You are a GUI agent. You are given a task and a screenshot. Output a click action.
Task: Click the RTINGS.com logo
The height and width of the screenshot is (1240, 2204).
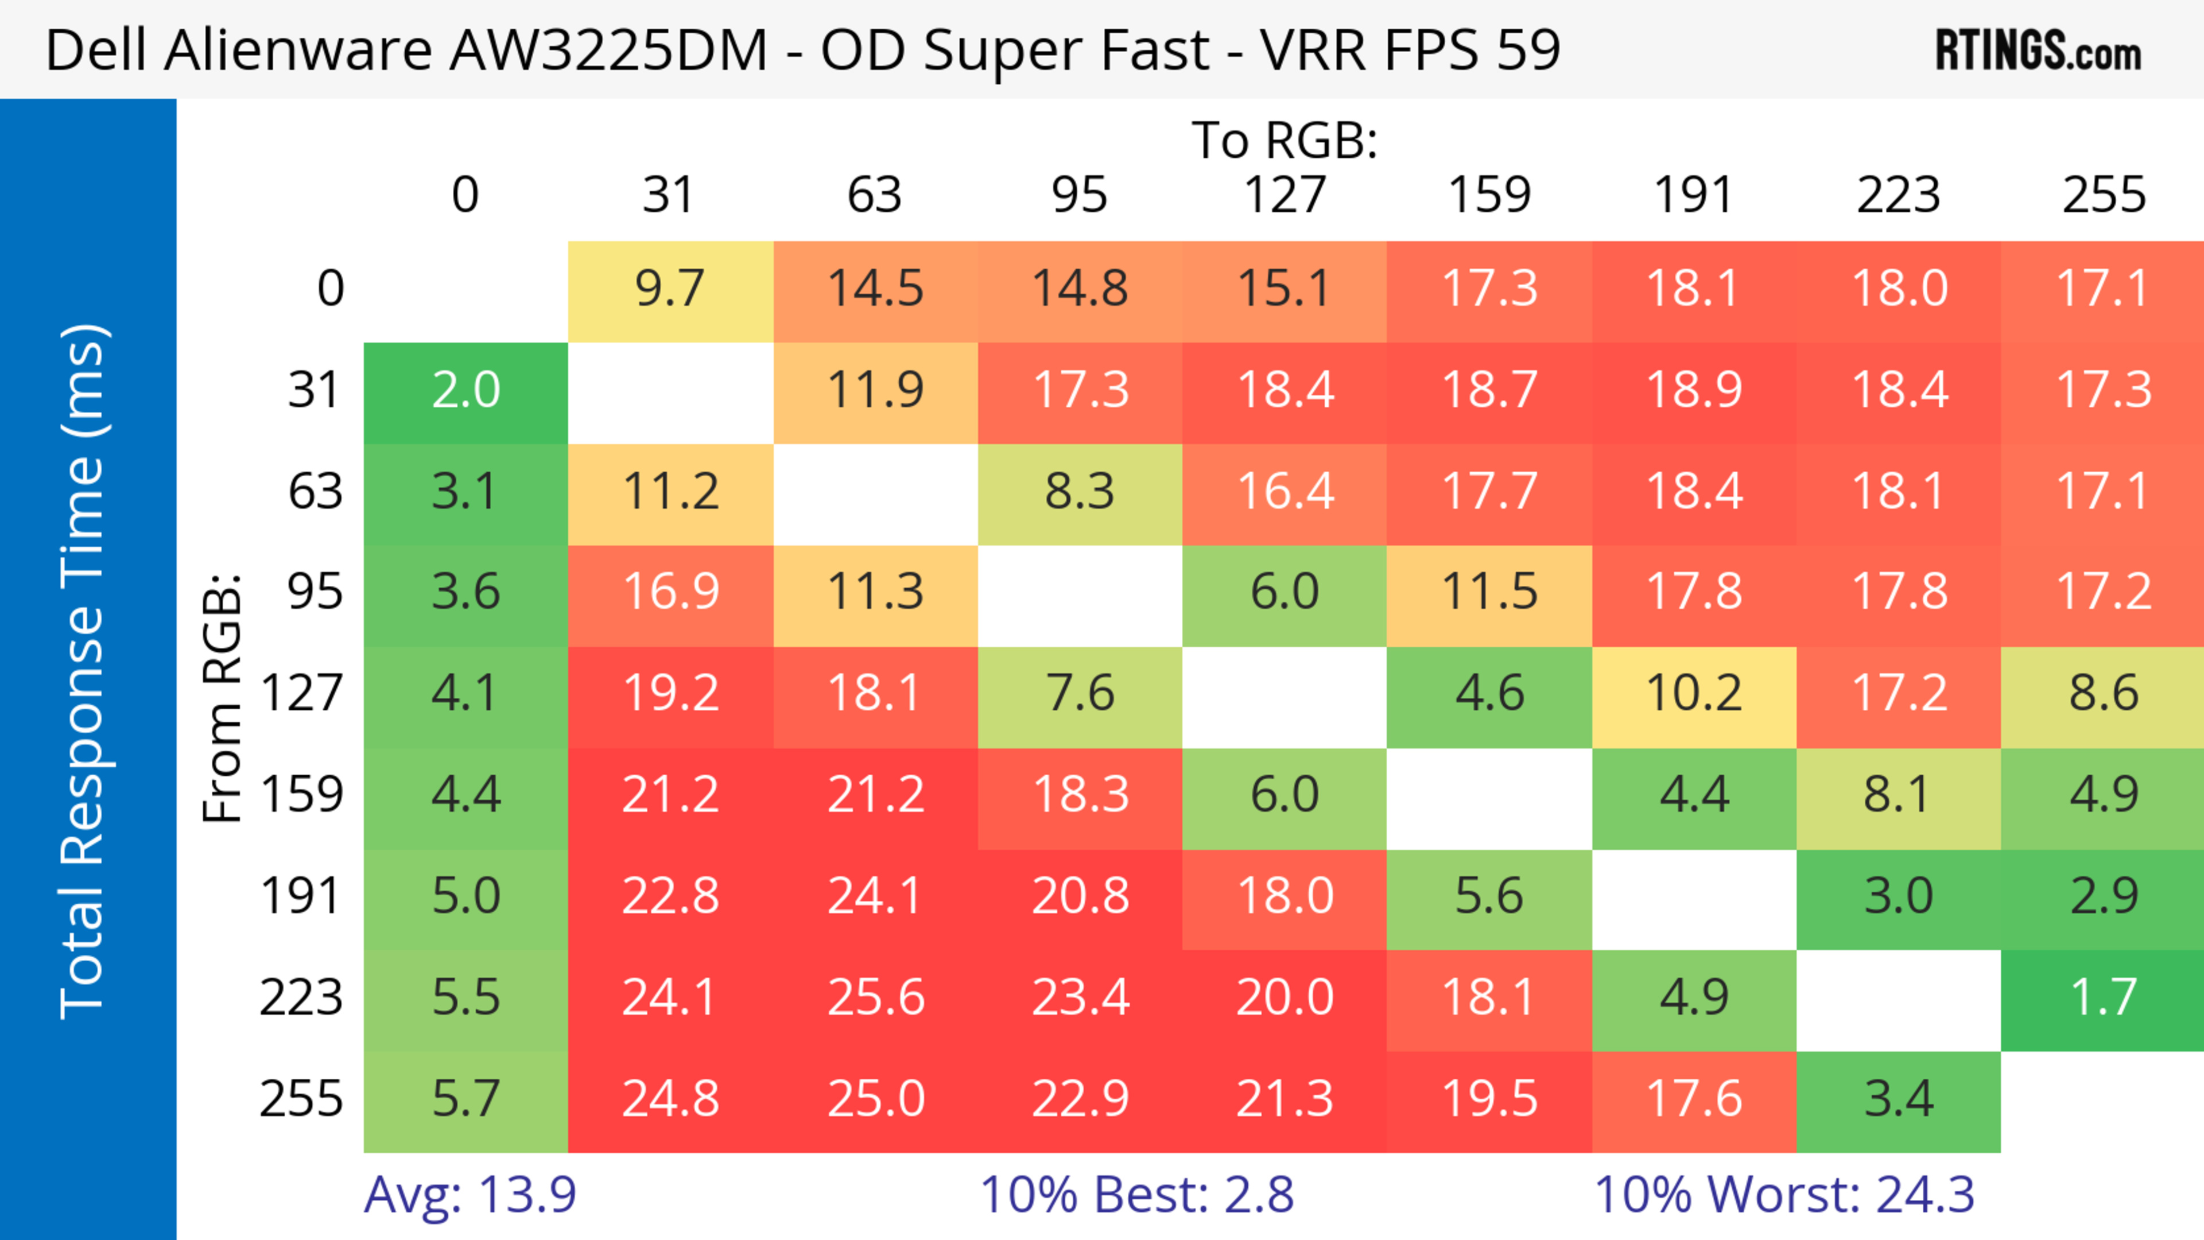click(x=2038, y=49)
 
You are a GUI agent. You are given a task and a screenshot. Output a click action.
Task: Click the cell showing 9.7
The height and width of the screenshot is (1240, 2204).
click(x=670, y=289)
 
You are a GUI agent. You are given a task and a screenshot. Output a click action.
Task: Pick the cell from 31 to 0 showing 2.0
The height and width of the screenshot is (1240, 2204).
click(x=465, y=391)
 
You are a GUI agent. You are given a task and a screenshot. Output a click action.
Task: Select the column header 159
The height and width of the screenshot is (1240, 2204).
click(x=1489, y=195)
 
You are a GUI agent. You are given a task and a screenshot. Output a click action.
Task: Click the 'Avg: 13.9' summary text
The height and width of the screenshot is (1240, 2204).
click(x=469, y=1195)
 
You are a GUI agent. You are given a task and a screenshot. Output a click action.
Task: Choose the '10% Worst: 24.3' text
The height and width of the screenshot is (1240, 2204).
click(x=1784, y=1195)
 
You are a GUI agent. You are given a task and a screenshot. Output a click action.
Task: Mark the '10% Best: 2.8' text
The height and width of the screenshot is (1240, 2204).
click(x=1136, y=1195)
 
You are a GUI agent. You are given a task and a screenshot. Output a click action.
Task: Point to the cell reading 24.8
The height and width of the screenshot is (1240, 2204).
click(x=670, y=1099)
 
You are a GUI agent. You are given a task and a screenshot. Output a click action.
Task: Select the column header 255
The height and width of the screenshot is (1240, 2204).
click(x=2103, y=195)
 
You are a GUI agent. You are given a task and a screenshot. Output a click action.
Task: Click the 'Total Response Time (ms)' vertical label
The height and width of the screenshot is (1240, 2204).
click(x=84, y=671)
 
